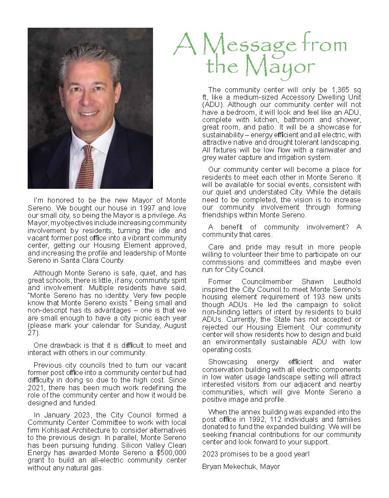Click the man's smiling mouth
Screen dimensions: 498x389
point(89,113)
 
